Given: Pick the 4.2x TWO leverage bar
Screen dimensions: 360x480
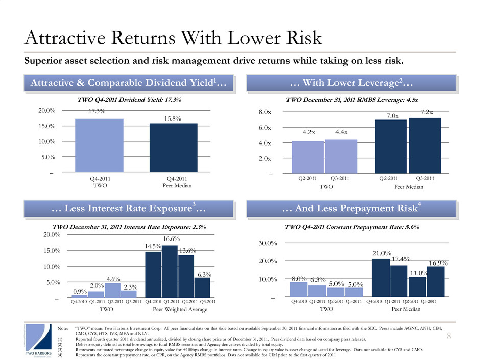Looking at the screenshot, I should point(307,158).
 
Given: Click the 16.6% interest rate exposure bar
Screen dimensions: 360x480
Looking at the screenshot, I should point(170,271).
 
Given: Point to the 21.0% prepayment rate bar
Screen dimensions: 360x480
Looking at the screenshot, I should point(380,278).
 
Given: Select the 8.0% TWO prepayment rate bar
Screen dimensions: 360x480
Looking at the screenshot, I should point(298,289).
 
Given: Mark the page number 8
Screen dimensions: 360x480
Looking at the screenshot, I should point(448,335).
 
